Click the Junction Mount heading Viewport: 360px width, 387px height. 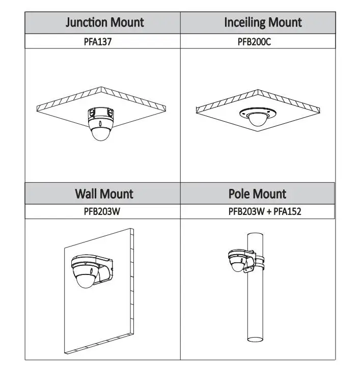click(104, 22)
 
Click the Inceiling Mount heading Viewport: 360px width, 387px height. click(263, 22)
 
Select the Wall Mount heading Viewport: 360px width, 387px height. click(104, 193)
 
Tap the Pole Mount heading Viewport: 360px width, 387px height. click(257, 193)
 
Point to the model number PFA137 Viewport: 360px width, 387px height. click(98, 41)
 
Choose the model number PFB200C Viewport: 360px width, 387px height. click(254, 41)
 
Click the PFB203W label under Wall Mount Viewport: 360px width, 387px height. click(102, 211)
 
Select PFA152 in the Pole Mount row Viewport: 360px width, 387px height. click(287, 211)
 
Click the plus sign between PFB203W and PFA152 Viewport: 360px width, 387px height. click(269, 211)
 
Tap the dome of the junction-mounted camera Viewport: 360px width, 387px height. click(101, 134)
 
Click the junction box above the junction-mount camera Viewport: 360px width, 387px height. click(101, 113)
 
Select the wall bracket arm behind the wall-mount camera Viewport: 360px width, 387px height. click(105, 269)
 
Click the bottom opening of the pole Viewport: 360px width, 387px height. click(255, 339)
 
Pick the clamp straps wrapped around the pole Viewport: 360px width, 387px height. click(259, 263)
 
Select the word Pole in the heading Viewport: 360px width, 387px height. click(238, 193)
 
